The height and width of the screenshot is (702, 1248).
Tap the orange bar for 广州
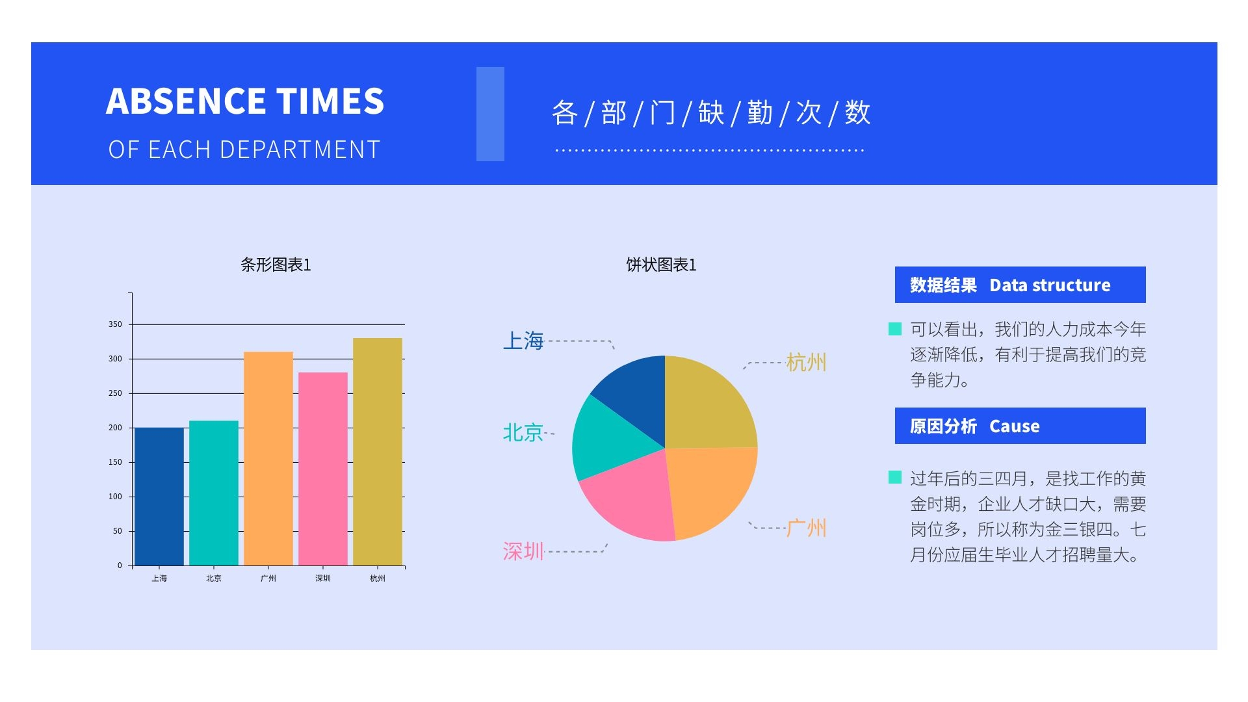click(268, 458)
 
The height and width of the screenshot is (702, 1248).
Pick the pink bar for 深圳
click(323, 469)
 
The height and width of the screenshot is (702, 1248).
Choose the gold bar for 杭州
click(378, 451)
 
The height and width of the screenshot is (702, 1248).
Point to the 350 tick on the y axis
click(115, 324)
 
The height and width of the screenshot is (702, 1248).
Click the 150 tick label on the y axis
click(115, 462)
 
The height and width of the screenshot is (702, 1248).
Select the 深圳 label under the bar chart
click(323, 578)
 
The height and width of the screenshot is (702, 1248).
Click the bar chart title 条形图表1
click(276, 265)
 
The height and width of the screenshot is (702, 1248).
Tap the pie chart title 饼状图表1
click(661, 265)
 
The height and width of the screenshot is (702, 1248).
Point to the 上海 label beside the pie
click(523, 341)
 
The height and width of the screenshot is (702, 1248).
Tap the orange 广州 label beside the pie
click(806, 528)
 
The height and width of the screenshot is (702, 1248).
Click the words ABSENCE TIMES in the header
click(245, 101)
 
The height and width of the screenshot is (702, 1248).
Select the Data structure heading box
click(1020, 285)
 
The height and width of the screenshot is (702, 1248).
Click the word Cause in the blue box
click(1014, 426)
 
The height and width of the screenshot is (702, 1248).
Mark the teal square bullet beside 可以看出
click(895, 329)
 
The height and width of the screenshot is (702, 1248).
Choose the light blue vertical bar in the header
click(490, 114)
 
